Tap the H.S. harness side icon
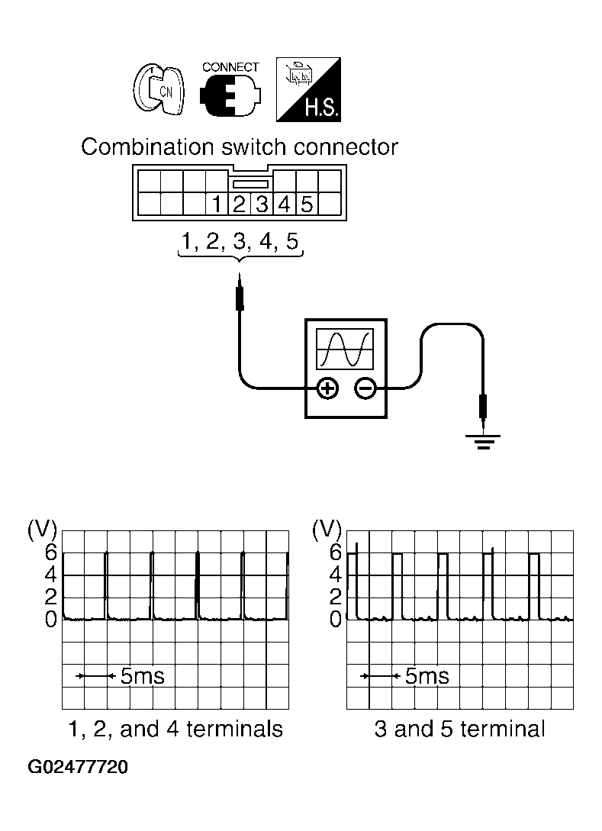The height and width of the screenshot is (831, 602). (307, 90)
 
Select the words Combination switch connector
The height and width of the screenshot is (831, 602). (240, 147)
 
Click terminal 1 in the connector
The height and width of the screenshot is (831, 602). (217, 205)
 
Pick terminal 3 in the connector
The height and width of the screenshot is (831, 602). (262, 205)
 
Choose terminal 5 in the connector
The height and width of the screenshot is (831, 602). (306, 205)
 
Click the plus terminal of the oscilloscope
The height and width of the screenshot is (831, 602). (327, 389)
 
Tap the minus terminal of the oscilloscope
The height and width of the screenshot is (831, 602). (365, 389)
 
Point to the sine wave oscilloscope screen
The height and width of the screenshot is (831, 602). (346, 349)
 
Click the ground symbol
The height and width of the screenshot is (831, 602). (483, 441)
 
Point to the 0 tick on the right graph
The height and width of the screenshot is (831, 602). (335, 620)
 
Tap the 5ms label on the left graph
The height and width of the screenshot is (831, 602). (142, 676)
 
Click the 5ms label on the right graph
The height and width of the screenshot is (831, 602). (427, 676)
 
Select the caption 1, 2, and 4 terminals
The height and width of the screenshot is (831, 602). (175, 730)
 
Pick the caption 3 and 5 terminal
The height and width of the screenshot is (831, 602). (460, 730)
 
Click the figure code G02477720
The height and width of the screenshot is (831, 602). (78, 767)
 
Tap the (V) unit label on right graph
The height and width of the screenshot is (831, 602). (328, 529)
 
